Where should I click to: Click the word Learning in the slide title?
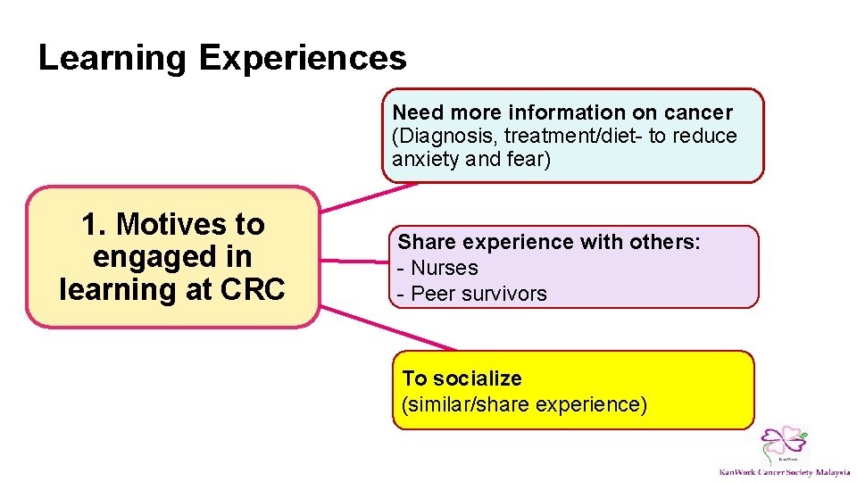(x=112, y=59)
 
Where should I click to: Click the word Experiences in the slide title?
(x=303, y=59)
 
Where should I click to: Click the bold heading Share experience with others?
(x=549, y=242)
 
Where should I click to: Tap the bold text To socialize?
(x=462, y=378)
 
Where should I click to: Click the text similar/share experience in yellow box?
(x=524, y=404)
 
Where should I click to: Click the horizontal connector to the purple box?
(x=353, y=261)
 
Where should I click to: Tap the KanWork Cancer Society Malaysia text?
(x=785, y=472)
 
